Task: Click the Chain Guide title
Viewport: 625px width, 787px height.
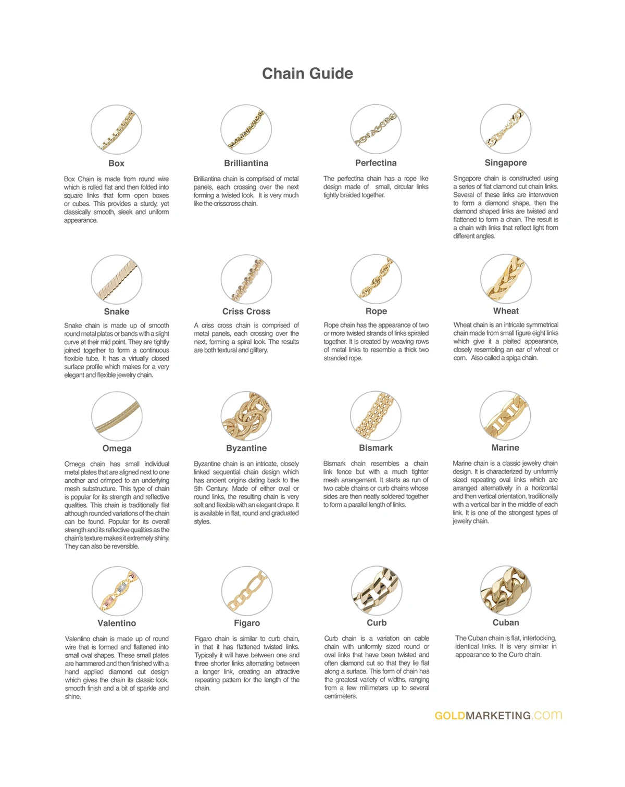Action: tap(307, 73)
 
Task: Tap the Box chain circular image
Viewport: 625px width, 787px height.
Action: tap(116, 130)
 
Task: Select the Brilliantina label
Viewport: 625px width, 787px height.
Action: tap(246, 163)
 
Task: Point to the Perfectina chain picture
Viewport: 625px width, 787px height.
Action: tap(376, 129)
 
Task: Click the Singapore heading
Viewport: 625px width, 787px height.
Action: tap(506, 163)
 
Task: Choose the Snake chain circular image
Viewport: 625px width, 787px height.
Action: tap(117, 279)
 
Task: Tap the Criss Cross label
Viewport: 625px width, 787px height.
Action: tap(246, 311)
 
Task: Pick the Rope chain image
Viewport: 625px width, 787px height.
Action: tap(376, 279)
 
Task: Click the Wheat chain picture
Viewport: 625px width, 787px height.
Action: tap(506, 279)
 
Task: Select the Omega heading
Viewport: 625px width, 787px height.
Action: tap(117, 448)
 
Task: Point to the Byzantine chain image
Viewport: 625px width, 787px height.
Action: tap(246, 416)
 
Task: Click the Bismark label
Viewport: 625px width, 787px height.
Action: tap(376, 448)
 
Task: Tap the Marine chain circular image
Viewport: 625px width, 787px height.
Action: tap(505, 416)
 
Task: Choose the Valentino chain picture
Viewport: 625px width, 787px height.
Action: tap(117, 591)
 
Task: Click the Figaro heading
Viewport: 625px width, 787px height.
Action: tap(247, 623)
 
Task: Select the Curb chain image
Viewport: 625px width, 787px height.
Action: tap(377, 591)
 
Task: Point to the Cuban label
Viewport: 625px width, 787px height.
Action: tap(506, 622)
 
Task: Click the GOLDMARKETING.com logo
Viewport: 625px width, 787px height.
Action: tap(498, 716)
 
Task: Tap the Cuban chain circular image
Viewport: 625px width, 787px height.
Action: tap(506, 591)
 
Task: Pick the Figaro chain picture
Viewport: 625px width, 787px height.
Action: tap(247, 591)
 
